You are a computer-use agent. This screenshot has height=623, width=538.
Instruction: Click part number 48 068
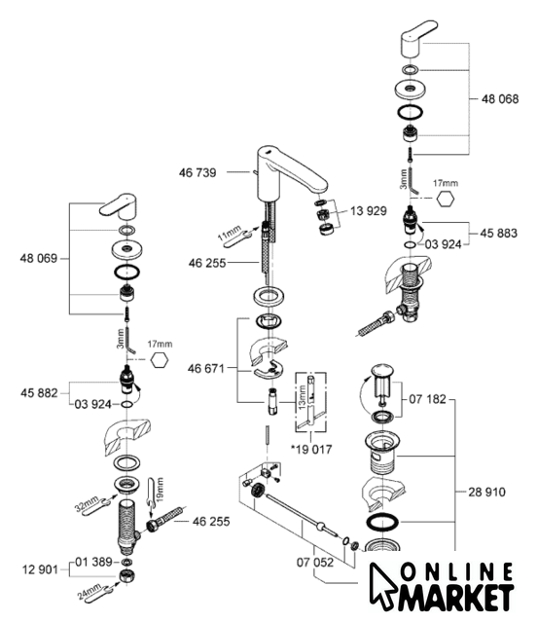tap(500, 99)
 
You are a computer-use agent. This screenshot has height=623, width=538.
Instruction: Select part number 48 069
tap(39, 259)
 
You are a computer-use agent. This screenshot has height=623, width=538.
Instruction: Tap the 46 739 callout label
tap(197, 173)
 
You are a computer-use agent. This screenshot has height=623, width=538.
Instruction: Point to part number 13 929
tap(369, 211)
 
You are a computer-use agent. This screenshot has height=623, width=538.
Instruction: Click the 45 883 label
tap(499, 233)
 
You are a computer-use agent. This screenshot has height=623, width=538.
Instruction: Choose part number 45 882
tap(39, 393)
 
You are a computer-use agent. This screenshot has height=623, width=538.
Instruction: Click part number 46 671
tap(206, 369)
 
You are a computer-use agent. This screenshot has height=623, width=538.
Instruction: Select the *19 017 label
tap(311, 450)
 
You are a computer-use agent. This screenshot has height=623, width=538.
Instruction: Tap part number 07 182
tap(428, 399)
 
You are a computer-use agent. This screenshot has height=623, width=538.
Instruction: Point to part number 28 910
tap(486, 492)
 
